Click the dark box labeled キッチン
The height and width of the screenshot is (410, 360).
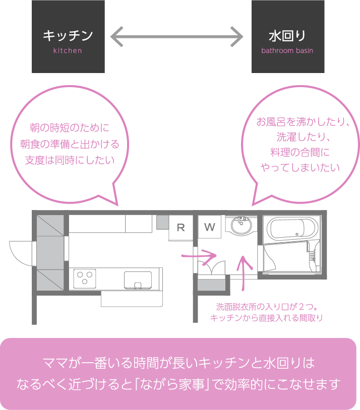[x=68, y=36]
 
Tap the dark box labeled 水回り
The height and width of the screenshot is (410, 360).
[x=287, y=36]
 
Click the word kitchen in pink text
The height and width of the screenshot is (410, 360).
[x=68, y=51]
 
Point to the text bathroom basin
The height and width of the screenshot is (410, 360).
[x=287, y=51]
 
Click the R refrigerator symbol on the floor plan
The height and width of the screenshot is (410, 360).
[x=181, y=227]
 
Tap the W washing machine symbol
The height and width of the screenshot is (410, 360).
[x=210, y=227]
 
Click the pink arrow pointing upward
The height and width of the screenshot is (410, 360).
[x=245, y=272]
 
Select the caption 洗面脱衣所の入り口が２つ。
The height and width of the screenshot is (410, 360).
[x=266, y=307]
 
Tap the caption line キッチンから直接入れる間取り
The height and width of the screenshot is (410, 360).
[x=266, y=318]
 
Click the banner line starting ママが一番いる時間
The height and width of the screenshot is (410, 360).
[x=179, y=363]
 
